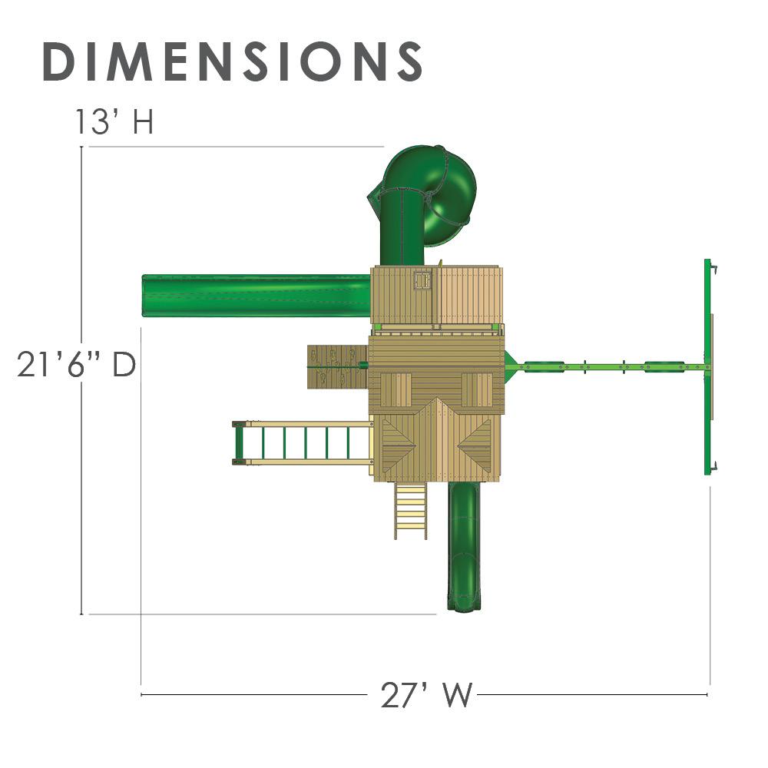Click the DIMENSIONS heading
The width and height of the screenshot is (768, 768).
pos(232,61)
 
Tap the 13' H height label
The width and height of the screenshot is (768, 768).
pos(114,121)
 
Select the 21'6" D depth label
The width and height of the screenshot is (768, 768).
pos(76,364)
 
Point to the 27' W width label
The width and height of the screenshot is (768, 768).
pos(426,694)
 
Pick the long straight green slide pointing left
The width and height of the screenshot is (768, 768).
pos(257,296)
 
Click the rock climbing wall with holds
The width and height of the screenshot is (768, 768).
pos(337,366)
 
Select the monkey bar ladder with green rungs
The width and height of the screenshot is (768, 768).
pos(302,443)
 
